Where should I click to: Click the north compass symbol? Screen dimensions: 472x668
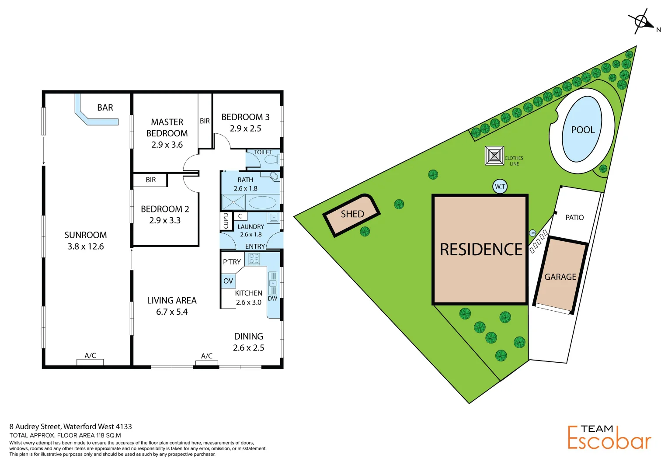click(x=641, y=21)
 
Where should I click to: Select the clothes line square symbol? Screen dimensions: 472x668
click(x=494, y=156)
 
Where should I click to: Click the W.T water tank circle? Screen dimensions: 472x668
click(x=500, y=187)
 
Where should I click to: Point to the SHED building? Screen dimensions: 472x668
click(x=352, y=215)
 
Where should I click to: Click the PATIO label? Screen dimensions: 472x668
click(x=574, y=218)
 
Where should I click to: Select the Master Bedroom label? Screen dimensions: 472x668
click(x=167, y=128)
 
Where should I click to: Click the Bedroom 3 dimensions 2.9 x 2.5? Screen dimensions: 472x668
click(x=246, y=128)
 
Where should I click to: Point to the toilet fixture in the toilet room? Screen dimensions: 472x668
click(x=271, y=160)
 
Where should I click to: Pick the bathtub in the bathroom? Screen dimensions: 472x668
click(x=262, y=203)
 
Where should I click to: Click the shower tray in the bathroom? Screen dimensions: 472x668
click(x=233, y=202)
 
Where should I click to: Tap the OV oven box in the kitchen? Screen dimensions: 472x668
click(x=228, y=281)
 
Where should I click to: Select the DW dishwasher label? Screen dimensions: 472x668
click(x=272, y=299)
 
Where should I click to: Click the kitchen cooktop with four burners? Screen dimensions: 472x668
click(x=254, y=259)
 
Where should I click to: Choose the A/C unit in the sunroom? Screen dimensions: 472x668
click(x=90, y=362)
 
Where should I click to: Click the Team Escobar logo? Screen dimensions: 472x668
click(x=609, y=437)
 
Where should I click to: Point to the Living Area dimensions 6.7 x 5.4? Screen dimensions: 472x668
click(x=172, y=312)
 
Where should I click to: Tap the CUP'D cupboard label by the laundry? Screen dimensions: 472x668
click(x=226, y=221)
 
